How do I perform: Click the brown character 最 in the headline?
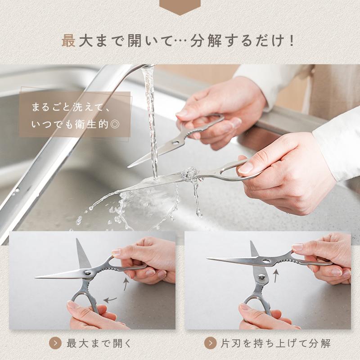[68, 40]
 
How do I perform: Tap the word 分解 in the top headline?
[206, 40]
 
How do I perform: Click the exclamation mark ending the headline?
[292, 40]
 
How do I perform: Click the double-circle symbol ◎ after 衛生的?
[115, 125]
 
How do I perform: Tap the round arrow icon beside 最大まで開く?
[55, 343]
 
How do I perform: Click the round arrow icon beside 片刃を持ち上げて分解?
[210, 343]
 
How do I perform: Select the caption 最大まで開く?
[99, 343]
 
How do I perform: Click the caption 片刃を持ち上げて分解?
[275, 343]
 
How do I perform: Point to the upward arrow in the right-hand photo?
[276, 276]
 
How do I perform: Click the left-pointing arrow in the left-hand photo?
[110, 300]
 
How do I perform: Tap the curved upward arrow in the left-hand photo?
[126, 284]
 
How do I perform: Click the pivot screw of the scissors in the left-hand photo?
[87, 273]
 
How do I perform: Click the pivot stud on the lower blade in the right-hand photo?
[262, 277]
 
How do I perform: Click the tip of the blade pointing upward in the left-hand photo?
[77, 239]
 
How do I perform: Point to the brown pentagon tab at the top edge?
[180, 6]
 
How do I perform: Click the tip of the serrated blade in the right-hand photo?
[207, 258]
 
